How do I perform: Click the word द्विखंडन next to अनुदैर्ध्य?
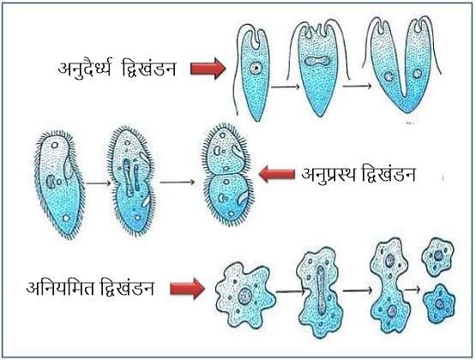[148, 68]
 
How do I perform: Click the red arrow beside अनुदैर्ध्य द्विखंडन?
[208, 69]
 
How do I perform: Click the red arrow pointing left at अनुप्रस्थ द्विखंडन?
[276, 174]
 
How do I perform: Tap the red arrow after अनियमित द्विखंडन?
[187, 288]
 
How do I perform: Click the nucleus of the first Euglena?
[256, 68]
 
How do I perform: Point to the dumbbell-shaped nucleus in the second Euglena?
[317, 61]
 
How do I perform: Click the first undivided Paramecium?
[60, 183]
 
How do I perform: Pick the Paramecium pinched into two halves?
[227, 174]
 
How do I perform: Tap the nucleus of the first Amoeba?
[244, 297]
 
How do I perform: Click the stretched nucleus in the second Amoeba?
[321, 291]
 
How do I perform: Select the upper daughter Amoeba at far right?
[437, 256]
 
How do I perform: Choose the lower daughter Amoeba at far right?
[439, 304]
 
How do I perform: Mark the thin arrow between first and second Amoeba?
[290, 291]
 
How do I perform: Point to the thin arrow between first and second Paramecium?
[98, 183]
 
